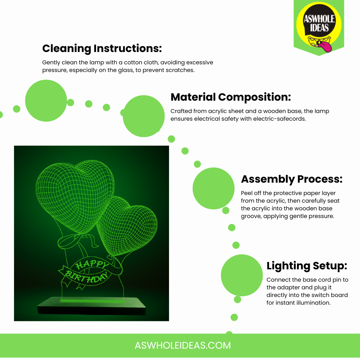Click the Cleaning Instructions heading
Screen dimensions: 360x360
point(102,48)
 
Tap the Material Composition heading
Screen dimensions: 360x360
point(231,97)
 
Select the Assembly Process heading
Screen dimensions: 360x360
point(292,179)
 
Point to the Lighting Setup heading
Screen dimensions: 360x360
point(307,266)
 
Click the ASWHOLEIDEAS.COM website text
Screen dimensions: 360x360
point(183,346)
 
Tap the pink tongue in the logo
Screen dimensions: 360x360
point(326,46)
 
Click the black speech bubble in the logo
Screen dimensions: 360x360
point(319,21)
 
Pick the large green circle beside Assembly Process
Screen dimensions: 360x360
point(214,188)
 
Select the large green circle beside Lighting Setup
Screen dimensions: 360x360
point(242,275)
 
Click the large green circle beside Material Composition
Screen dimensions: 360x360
point(144,116)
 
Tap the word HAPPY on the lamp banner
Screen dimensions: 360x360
point(92,264)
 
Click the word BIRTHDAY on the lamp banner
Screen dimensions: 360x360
point(87,277)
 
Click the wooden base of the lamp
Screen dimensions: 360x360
point(92,306)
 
